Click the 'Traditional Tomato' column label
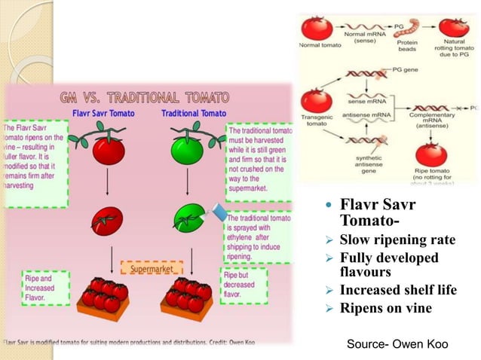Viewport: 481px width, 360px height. coord(193,114)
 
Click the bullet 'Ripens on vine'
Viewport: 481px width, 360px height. coord(385,308)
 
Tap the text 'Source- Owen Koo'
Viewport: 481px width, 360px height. coord(397,344)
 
